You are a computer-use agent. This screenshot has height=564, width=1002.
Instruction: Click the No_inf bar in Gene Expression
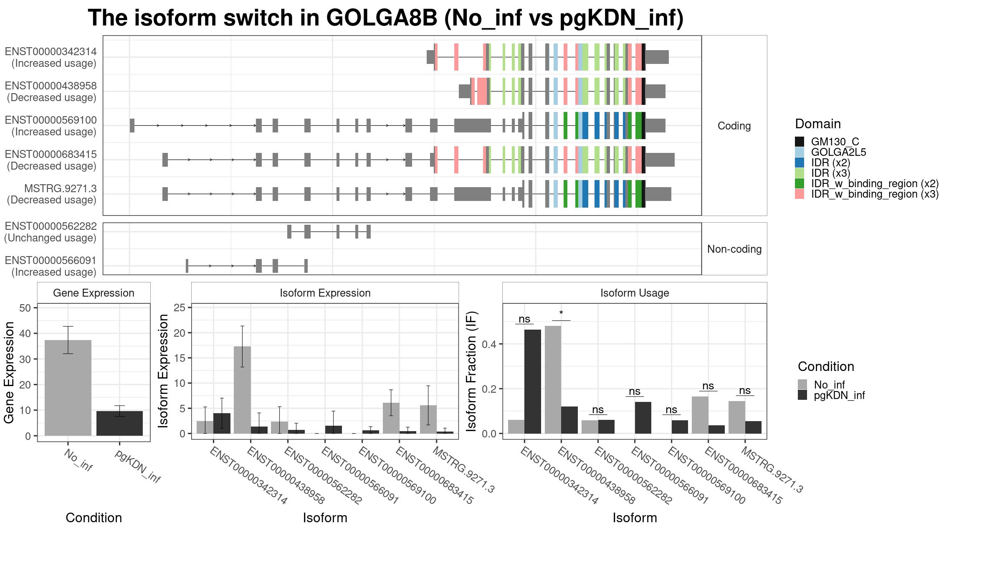68,388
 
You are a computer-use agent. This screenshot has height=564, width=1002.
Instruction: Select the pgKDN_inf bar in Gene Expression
119,423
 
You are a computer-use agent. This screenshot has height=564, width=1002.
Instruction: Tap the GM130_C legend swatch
800,142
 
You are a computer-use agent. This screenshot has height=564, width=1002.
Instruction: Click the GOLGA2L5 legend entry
838,152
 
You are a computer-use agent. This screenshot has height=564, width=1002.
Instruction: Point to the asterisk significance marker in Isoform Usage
561,313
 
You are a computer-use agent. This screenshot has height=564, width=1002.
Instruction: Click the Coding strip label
734,126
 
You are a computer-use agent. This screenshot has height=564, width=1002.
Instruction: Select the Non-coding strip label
734,249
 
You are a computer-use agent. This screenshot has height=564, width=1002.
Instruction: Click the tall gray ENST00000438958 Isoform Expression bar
242,390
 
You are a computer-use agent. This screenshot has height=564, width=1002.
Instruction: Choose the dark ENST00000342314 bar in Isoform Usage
533,381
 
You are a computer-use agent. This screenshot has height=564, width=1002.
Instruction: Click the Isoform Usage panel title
635,293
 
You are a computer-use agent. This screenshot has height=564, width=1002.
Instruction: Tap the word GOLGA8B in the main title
382,18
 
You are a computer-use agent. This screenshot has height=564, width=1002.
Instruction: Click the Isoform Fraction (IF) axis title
471,371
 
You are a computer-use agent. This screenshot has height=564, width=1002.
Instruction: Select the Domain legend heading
818,124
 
